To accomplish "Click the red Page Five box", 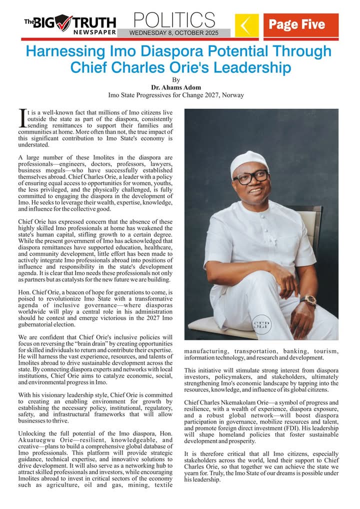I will click(x=300, y=24).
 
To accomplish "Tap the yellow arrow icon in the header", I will click(x=246, y=25).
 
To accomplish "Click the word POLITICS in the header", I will click(x=174, y=20).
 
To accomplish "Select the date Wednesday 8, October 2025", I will click(x=174, y=33).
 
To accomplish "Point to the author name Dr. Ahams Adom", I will click(x=179, y=87).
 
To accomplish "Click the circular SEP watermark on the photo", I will click(x=261, y=324).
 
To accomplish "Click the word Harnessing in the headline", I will click(x=64, y=51).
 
